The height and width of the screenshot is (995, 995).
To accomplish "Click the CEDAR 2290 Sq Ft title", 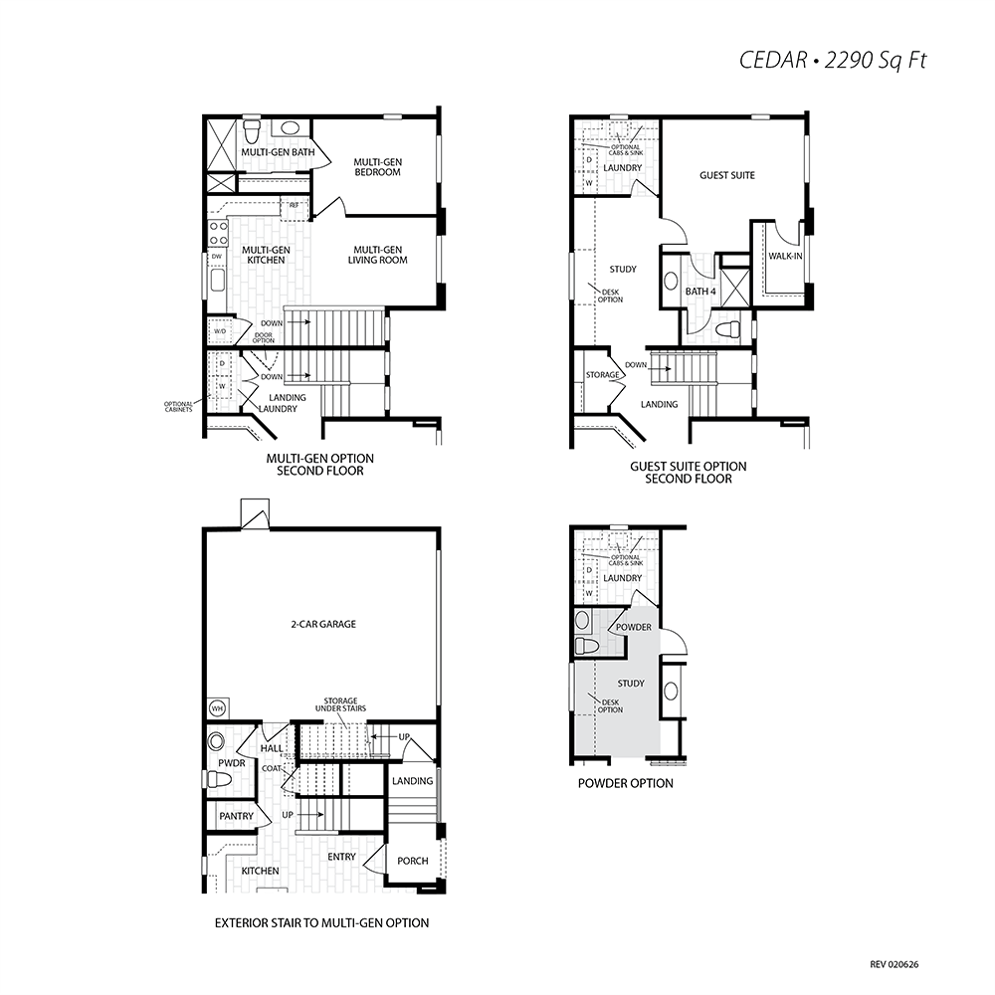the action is pyautogui.click(x=833, y=60).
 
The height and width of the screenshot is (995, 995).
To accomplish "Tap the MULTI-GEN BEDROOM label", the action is pyautogui.click(x=377, y=167).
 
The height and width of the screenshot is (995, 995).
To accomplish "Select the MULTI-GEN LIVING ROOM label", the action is pyautogui.click(x=377, y=255).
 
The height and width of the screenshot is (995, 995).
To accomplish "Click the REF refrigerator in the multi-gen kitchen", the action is pyautogui.click(x=295, y=206).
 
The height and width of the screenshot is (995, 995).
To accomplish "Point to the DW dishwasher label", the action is pyautogui.click(x=217, y=257).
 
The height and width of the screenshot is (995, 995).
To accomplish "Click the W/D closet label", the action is pyautogui.click(x=220, y=331).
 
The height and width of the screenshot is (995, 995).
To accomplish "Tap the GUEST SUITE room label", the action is pyautogui.click(x=727, y=175).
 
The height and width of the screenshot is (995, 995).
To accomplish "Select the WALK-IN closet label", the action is pyautogui.click(x=786, y=257).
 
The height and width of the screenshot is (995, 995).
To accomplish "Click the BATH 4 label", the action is pyautogui.click(x=700, y=292).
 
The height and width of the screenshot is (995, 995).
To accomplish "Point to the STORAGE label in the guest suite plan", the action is pyautogui.click(x=602, y=375).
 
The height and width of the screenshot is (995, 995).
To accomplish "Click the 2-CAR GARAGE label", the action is pyautogui.click(x=323, y=624).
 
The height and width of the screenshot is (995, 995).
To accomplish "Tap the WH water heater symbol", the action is pyautogui.click(x=216, y=708).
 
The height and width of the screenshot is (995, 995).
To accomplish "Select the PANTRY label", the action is pyautogui.click(x=236, y=816).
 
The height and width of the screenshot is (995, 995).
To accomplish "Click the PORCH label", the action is pyautogui.click(x=413, y=861).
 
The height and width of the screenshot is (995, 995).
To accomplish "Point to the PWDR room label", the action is pyautogui.click(x=231, y=763).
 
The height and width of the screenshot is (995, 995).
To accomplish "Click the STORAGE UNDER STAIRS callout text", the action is pyautogui.click(x=340, y=704).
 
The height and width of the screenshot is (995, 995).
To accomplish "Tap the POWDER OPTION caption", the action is pyautogui.click(x=626, y=783).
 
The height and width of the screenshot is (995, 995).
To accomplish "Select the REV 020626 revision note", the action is pyautogui.click(x=895, y=964).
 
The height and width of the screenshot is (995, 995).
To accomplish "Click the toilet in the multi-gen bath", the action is pyautogui.click(x=252, y=130).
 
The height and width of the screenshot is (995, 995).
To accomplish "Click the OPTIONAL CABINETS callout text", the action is pyautogui.click(x=178, y=407).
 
